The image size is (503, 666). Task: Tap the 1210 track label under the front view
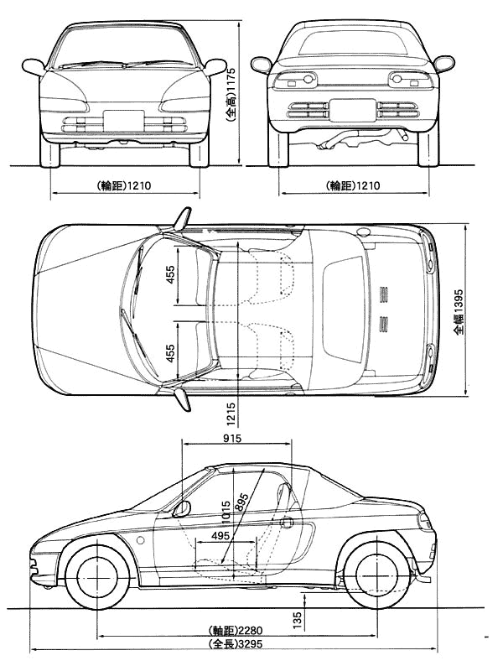click(139, 185)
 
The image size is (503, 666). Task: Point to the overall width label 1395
click(458, 300)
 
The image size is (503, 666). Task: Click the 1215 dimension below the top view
click(231, 414)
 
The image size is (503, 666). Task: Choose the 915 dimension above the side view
click(232, 438)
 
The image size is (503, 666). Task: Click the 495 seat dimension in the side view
click(220, 536)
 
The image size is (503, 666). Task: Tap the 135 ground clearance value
click(297, 620)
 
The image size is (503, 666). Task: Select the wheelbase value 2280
click(251, 630)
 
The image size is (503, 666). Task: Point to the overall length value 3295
click(250, 644)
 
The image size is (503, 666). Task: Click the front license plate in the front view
click(123, 120)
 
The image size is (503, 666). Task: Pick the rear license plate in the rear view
click(353, 111)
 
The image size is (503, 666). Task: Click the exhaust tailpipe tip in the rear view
click(405, 136)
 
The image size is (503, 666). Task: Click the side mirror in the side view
click(182, 508)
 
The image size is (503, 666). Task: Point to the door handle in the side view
click(287, 522)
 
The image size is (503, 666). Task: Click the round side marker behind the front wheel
click(140, 541)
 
